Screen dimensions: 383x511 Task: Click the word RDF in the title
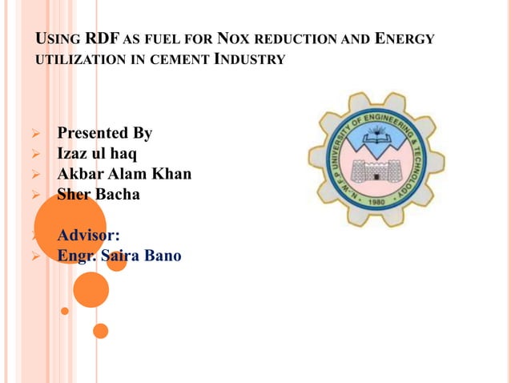[102, 38]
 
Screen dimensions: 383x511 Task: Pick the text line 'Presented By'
[104, 133]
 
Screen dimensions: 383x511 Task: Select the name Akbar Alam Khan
[124, 173]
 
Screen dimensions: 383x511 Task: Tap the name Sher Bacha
[98, 193]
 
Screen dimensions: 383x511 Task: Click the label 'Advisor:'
[88, 236]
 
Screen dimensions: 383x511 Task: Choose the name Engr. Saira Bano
[119, 256]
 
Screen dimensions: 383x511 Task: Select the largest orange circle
[70, 226]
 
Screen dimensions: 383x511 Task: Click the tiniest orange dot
[65, 311]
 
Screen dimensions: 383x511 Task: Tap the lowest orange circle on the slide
[100, 330]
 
